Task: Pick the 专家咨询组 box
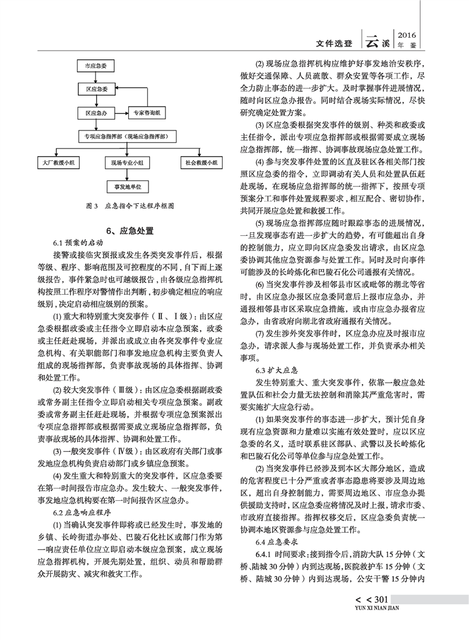click(x=146, y=112)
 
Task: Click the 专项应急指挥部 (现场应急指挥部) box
click(x=127, y=137)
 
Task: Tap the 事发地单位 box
click(x=127, y=186)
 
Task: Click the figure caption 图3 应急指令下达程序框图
click(x=129, y=206)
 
